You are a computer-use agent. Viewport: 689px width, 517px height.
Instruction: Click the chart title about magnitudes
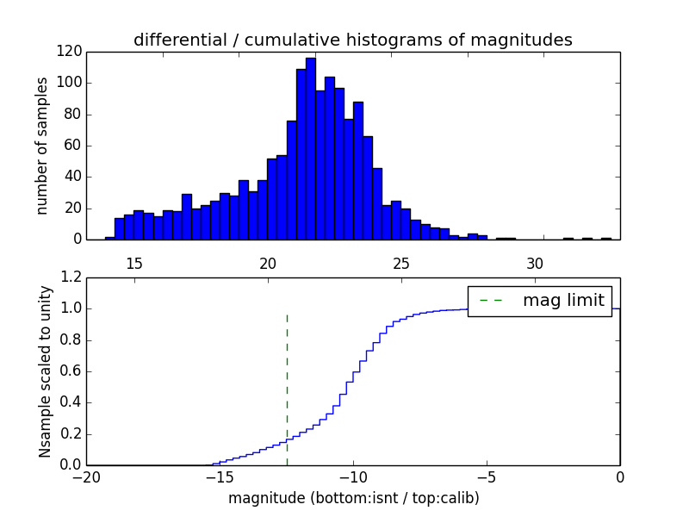pos(352,40)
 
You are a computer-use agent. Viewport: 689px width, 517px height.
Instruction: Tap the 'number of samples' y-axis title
pos(41,145)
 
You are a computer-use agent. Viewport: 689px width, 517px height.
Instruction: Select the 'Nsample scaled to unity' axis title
pos(45,371)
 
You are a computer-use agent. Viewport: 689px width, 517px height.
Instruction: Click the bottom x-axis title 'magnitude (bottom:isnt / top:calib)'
pos(353,498)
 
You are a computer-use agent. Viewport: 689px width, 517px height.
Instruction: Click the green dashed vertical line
pos(287,388)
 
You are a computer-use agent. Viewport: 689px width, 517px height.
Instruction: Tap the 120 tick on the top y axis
pos(70,52)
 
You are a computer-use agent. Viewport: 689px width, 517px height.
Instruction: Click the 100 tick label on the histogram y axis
pos(70,84)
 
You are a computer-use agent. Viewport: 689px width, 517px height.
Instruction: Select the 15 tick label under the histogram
pos(134,262)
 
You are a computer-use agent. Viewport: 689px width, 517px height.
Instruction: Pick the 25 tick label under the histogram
pos(401,262)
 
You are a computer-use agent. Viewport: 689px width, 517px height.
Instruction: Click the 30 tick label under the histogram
pos(535,262)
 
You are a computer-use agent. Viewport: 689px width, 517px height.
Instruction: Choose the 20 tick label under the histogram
pos(268,262)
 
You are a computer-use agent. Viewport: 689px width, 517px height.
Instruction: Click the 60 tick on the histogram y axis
pos(73,146)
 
